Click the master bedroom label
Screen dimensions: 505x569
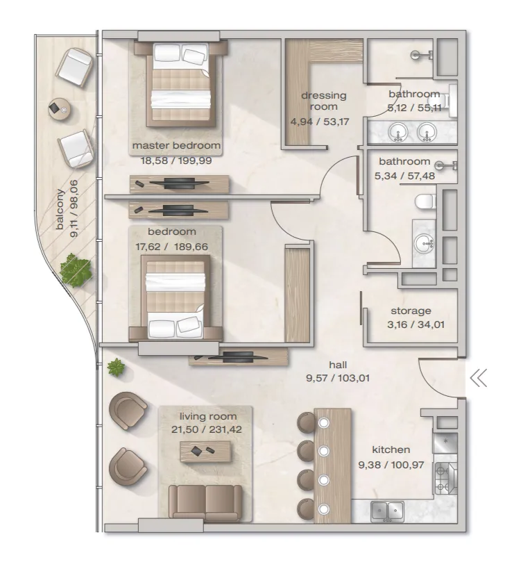[176, 145]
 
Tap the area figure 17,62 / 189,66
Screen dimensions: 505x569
[172, 247]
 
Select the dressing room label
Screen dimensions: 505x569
[324, 101]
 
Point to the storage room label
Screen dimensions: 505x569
[411, 311]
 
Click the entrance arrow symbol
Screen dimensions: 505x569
[478, 379]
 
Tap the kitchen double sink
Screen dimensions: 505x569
[388, 511]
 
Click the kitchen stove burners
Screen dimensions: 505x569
[445, 478]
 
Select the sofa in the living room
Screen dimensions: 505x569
[205, 502]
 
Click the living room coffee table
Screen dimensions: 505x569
[206, 452]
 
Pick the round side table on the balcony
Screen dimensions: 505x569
[60, 108]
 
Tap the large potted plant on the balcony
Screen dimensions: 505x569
[75, 270]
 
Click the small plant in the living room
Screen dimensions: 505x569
[116, 367]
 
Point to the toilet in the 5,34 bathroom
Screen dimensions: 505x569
[425, 201]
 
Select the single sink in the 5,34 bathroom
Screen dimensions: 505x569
[425, 243]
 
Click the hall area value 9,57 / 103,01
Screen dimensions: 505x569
[338, 378]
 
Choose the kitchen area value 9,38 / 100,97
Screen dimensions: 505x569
[391, 465]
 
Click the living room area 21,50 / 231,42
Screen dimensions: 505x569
[207, 429]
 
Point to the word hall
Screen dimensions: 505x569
[338, 364]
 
